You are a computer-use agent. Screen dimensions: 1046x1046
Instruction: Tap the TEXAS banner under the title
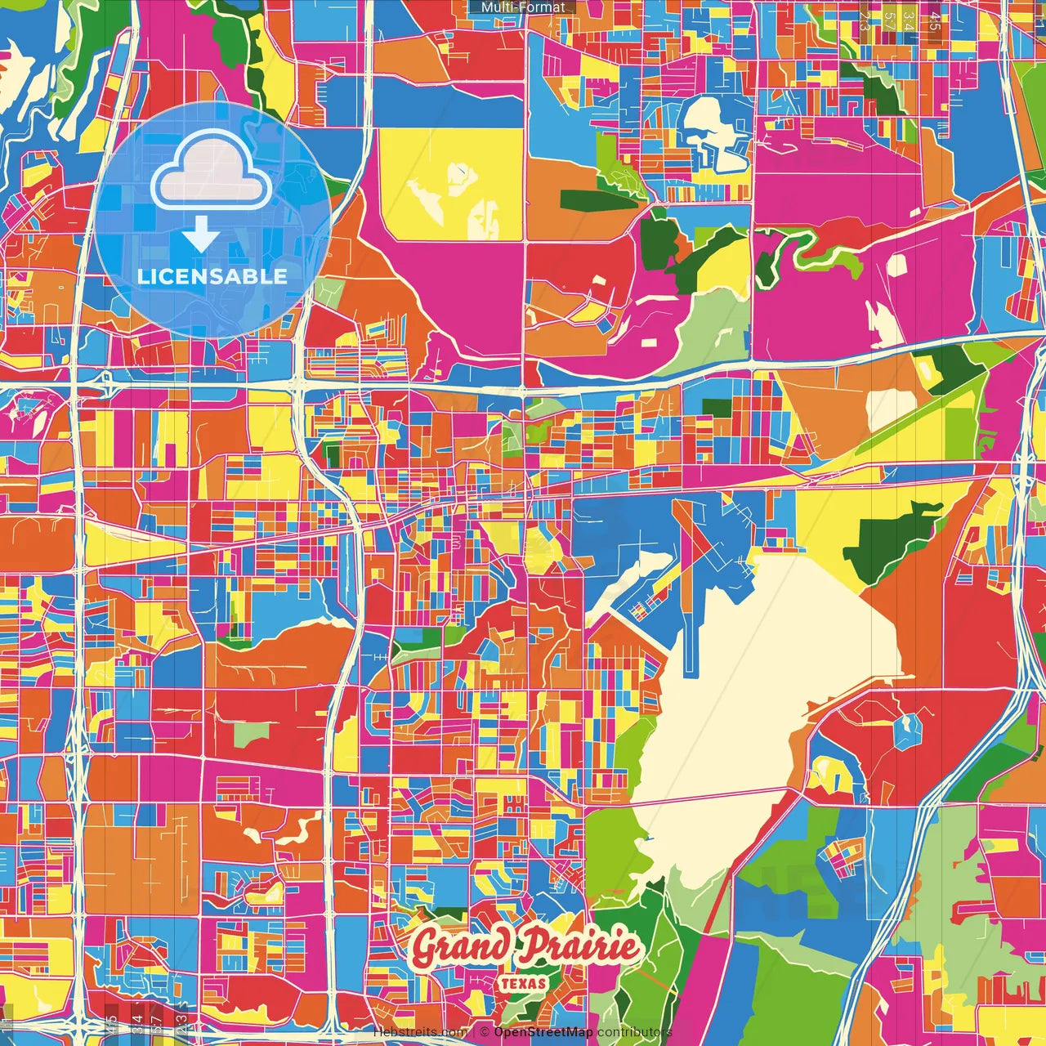[522, 982]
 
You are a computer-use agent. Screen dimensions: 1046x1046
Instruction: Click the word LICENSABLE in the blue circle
[212, 276]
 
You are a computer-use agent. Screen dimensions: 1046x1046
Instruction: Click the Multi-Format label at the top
[523, 7]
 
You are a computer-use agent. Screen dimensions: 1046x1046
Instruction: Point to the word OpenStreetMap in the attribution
[543, 1032]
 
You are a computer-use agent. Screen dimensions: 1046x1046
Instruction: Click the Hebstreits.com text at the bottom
[420, 1032]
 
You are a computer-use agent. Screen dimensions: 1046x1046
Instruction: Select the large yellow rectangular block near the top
[452, 185]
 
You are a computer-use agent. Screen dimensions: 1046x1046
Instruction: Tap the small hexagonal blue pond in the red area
[907, 730]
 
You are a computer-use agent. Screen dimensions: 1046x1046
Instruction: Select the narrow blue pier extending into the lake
[691, 646]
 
